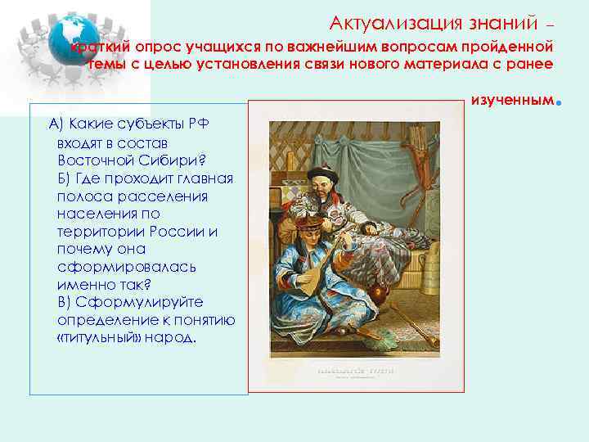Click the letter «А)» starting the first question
coord(56,124)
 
